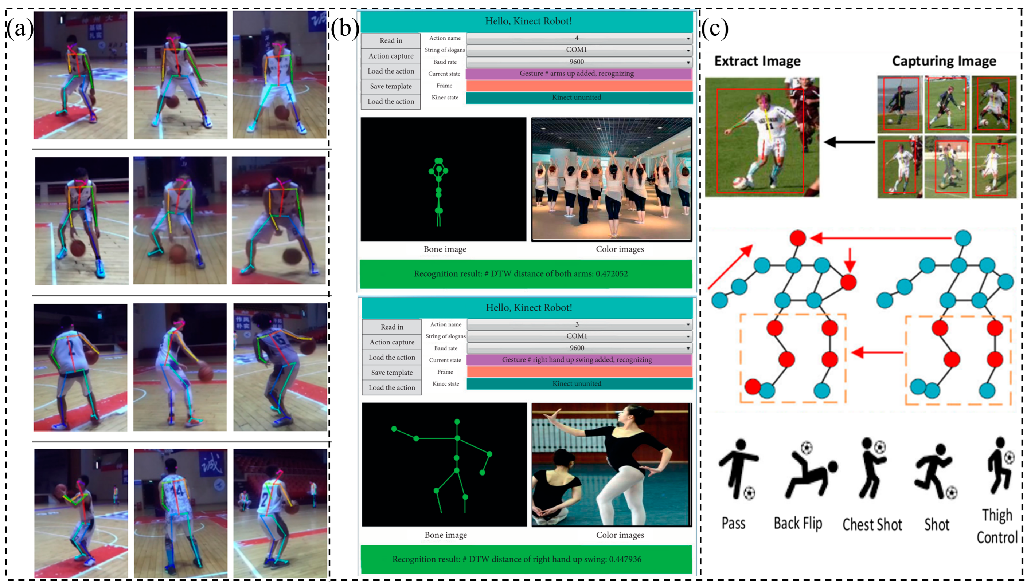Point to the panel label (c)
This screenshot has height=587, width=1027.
coord(715,29)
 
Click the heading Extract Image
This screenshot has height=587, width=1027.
coord(757,61)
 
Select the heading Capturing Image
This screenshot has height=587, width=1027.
coord(944,61)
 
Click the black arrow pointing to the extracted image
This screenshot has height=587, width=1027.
coord(849,142)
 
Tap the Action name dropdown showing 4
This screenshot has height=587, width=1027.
coord(579,38)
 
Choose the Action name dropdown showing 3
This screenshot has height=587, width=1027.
coord(579,324)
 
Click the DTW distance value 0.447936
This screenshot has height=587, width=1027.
coord(625,559)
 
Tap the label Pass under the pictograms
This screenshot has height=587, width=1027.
coord(733,523)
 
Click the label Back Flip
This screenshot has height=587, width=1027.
coord(797,523)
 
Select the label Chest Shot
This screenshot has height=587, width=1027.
coord(872,524)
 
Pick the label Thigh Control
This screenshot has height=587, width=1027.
coord(997,526)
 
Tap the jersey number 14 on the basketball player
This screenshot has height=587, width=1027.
coord(178,491)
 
